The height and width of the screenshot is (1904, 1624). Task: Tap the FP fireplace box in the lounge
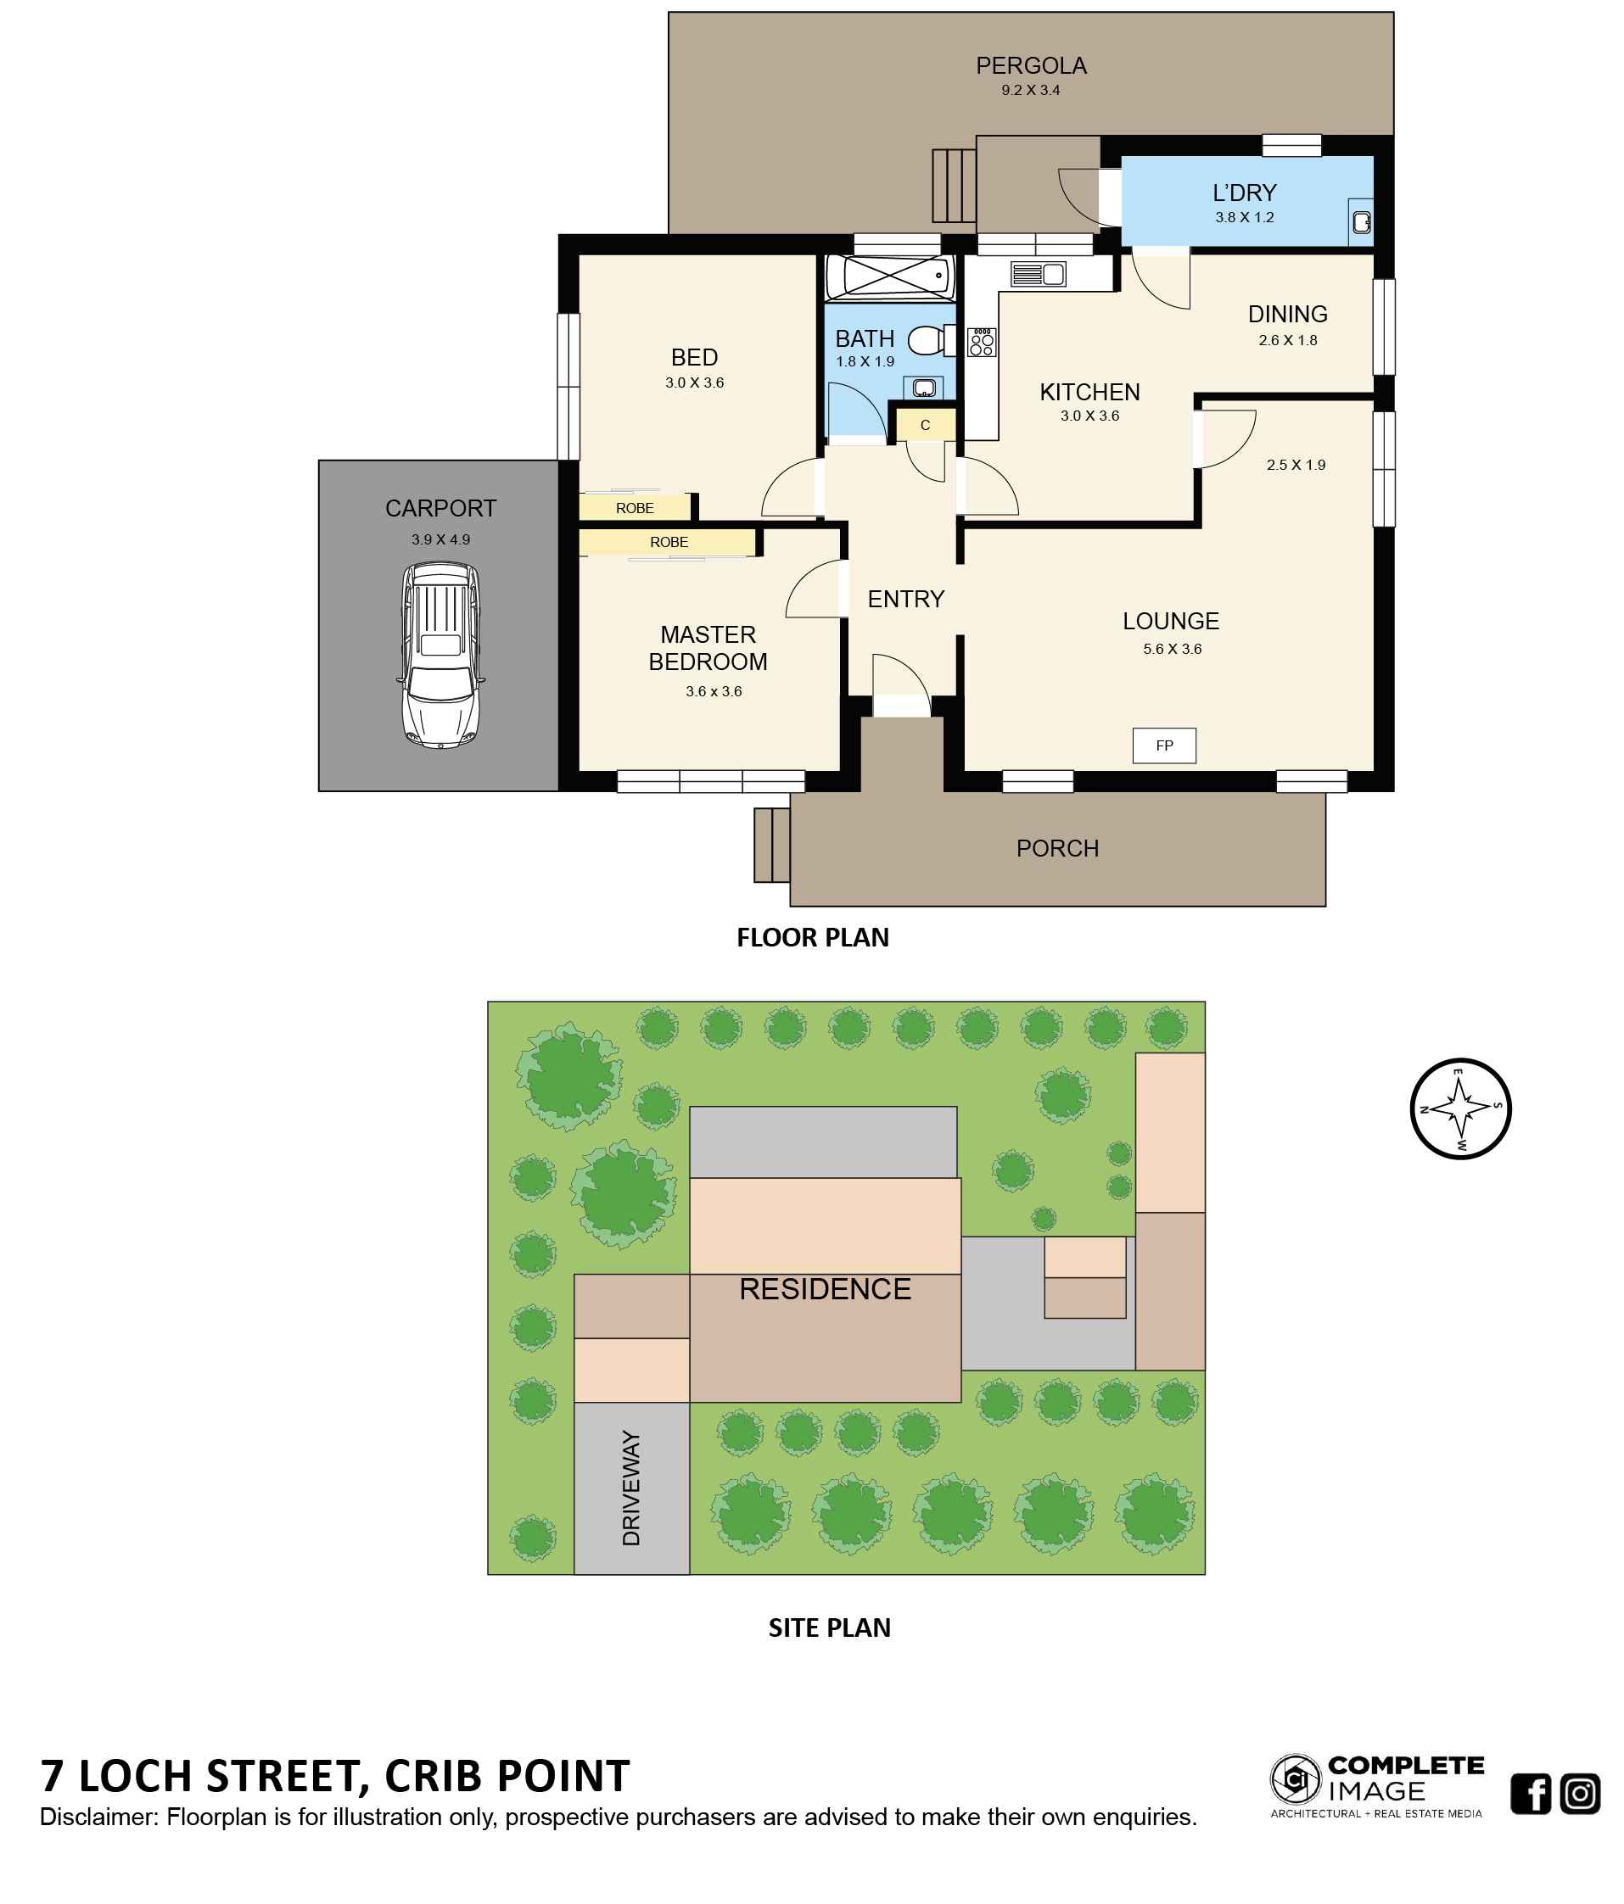click(x=1163, y=745)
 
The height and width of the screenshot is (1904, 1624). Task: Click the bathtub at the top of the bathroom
click(x=888, y=275)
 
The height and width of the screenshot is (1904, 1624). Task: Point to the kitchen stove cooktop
click(x=982, y=342)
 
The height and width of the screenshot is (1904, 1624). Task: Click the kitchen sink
click(x=1038, y=274)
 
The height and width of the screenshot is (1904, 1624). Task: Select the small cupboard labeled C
click(x=926, y=425)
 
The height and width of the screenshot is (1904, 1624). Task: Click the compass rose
click(x=1459, y=1108)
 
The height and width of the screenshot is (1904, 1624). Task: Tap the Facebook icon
click(x=1531, y=1794)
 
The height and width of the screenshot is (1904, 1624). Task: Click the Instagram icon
click(x=1580, y=1794)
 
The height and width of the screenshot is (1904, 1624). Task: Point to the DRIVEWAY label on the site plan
click(x=631, y=1488)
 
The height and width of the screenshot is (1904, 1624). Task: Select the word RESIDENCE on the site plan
click(x=825, y=1289)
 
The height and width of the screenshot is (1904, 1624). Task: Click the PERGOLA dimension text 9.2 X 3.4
click(x=1030, y=90)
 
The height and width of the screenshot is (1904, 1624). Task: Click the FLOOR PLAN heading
click(x=813, y=937)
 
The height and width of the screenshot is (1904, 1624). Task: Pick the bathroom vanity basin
click(x=925, y=387)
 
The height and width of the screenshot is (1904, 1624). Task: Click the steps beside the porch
click(x=771, y=845)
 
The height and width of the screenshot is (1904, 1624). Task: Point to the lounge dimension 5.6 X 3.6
click(x=1172, y=649)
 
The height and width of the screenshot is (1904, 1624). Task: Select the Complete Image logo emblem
click(x=1296, y=1780)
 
